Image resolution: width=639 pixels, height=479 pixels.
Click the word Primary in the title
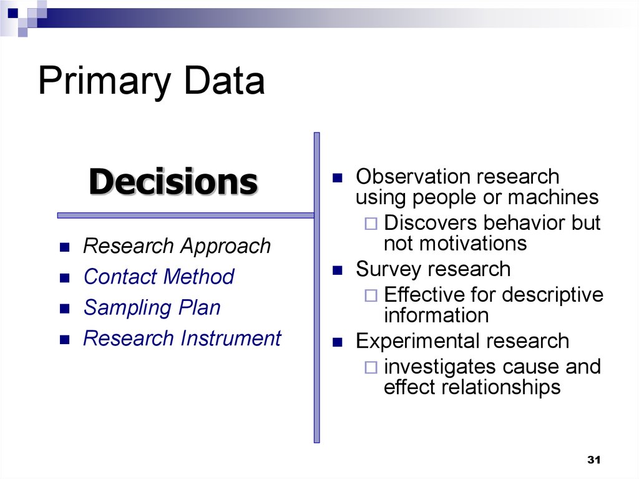104,82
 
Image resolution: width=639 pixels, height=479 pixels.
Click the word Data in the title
225,81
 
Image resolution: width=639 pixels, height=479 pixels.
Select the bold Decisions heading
173,182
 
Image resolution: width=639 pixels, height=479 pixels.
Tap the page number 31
594,460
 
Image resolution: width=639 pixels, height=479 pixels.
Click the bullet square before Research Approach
65,247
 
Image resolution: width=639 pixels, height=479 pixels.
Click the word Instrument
231,338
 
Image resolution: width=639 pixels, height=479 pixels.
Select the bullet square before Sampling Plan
65,309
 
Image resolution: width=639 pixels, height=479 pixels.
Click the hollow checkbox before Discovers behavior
371,224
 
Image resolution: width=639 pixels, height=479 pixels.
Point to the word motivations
455,244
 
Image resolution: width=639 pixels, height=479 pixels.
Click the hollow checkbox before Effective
371,295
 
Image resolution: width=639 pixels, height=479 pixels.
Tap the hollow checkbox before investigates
371,367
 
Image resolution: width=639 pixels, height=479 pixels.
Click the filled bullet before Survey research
338,270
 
